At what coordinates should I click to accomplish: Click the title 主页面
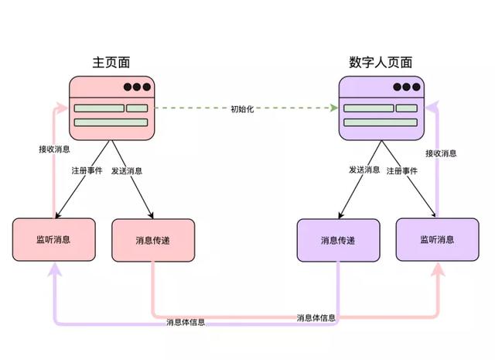click(111, 62)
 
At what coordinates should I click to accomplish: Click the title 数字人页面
click(381, 62)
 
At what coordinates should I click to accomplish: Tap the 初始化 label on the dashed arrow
click(242, 109)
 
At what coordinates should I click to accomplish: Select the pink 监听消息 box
click(54, 239)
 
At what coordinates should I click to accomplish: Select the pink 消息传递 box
click(153, 240)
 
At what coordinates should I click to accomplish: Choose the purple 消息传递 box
click(338, 240)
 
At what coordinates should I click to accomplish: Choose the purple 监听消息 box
click(437, 239)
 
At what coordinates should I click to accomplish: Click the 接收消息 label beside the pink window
click(54, 149)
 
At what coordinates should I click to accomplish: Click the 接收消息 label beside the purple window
click(441, 153)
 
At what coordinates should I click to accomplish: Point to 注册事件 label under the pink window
click(87, 170)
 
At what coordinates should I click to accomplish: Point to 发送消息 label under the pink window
click(127, 170)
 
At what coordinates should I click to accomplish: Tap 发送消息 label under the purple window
click(364, 170)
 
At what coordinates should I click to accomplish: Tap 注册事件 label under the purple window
click(402, 171)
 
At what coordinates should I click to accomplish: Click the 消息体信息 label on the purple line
click(186, 322)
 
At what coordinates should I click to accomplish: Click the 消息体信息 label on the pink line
click(316, 317)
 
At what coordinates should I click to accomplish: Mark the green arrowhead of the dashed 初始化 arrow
click(333, 108)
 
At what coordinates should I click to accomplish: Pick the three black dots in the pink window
click(137, 87)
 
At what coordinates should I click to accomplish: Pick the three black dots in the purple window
click(407, 87)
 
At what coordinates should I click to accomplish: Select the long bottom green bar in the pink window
click(111, 122)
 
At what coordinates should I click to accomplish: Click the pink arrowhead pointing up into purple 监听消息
click(439, 269)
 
